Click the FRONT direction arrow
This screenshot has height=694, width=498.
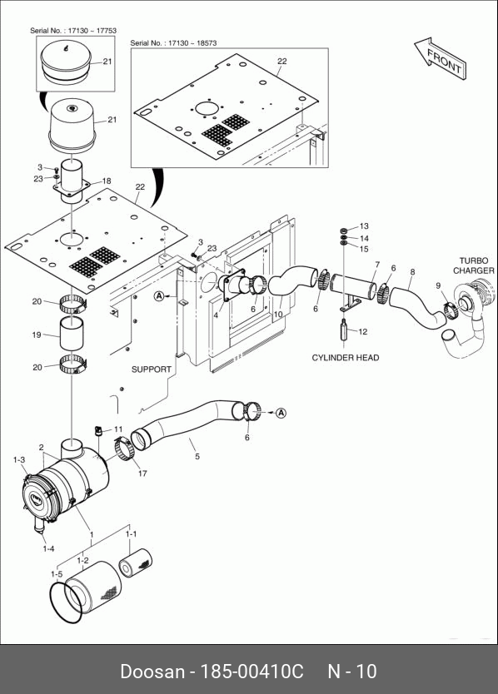click(x=441, y=58)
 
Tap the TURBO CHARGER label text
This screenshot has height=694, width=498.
click(x=474, y=265)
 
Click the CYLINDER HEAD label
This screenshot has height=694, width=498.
click(x=346, y=358)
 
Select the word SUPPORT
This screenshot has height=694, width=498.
click(x=152, y=369)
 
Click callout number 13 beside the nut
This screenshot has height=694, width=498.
click(x=364, y=226)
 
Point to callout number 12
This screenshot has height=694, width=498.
click(x=363, y=331)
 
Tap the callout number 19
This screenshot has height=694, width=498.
click(x=37, y=335)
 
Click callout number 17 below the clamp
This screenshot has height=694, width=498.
click(x=142, y=473)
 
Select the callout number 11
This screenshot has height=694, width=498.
click(x=118, y=429)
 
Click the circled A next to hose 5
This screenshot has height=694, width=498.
click(x=281, y=413)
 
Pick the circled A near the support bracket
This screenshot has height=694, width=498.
click(x=159, y=296)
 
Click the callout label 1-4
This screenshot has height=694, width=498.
click(x=49, y=549)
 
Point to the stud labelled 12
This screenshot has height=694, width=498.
click(x=344, y=330)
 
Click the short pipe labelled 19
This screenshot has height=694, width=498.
click(x=73, y=335)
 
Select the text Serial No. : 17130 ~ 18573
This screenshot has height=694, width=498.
click(x=173, y=43)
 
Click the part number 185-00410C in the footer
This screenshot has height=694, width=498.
click(x=252, y=672)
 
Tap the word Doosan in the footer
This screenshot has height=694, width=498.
click(x=152, y=672)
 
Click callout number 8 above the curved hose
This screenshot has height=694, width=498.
click(x=412, y=272)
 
